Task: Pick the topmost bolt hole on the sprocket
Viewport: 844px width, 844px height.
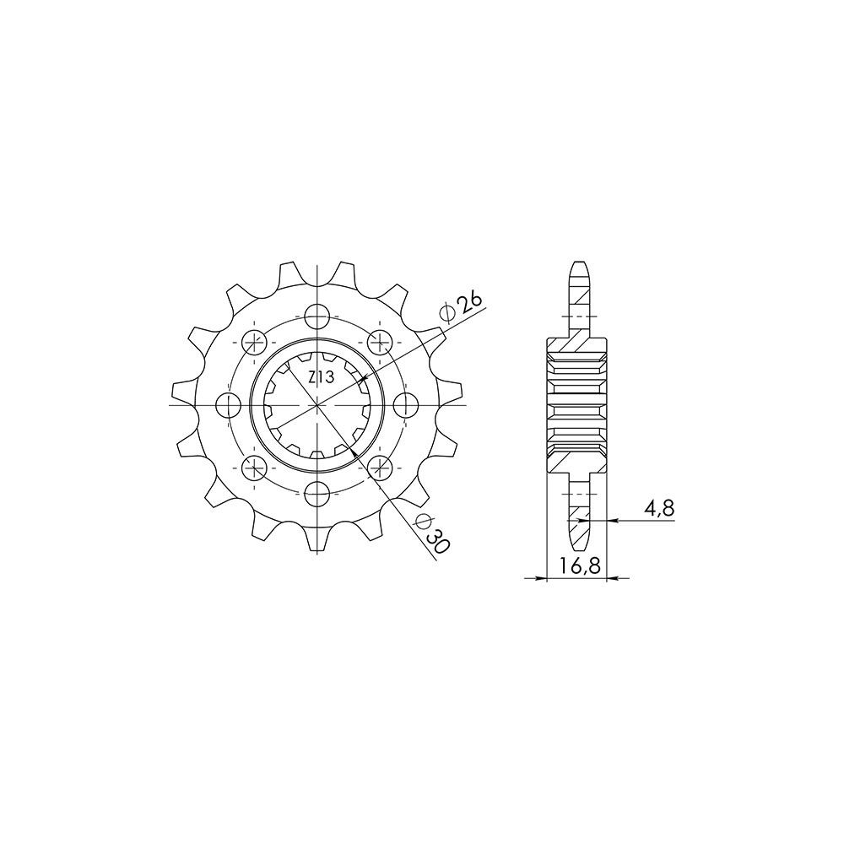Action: click(316, 316)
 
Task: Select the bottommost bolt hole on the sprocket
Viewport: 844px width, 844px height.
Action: click(316, 492)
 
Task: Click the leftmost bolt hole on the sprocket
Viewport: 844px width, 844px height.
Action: click(228, 404)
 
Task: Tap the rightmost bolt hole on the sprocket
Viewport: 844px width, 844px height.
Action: click(407, 404)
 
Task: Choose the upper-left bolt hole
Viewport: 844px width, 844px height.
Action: click(254, 342)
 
